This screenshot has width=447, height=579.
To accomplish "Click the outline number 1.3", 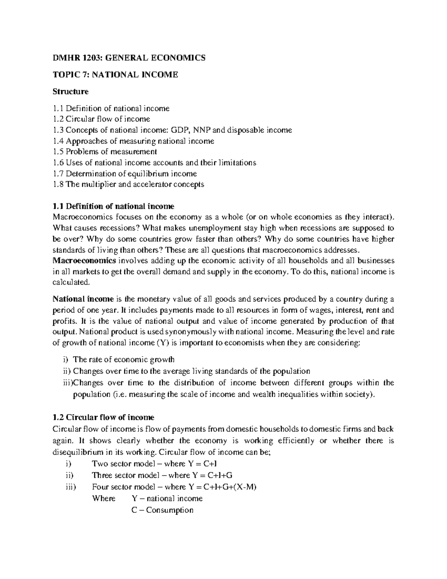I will click(58, 130).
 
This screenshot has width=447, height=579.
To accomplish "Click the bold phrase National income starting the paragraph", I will click(83, 299).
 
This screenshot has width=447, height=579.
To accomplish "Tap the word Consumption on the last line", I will click(169, 510).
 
